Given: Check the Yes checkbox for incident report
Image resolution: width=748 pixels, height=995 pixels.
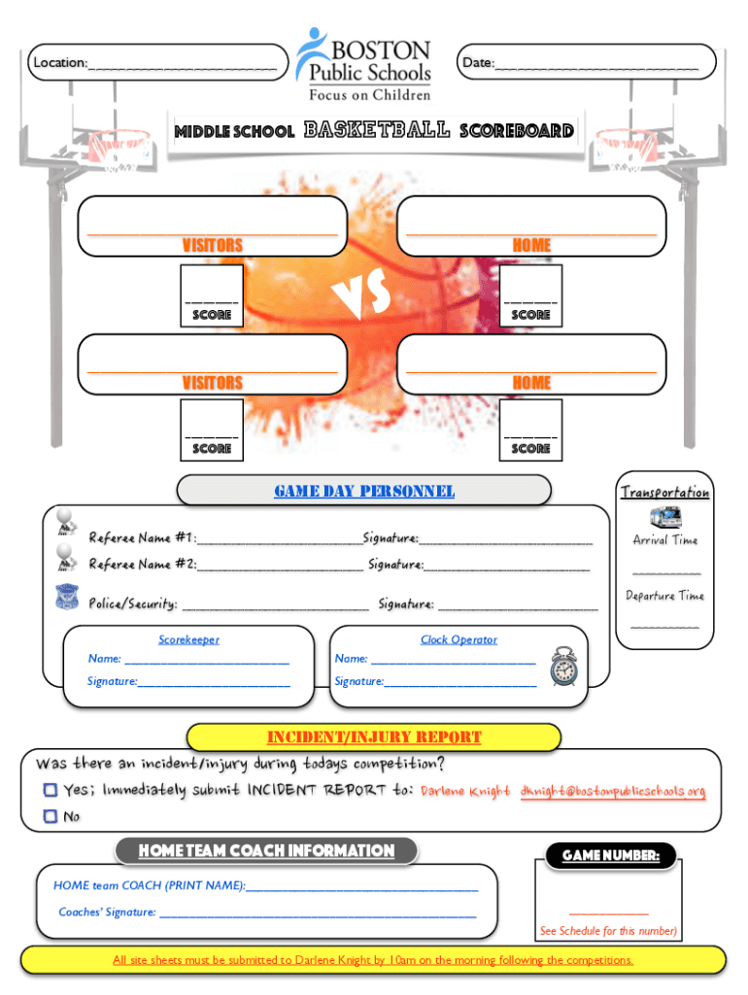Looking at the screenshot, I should click(50, 791).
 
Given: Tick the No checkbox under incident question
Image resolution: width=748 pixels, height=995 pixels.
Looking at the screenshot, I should click(50, 817).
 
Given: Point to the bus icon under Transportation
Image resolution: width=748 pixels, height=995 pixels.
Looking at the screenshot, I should click(664, 517).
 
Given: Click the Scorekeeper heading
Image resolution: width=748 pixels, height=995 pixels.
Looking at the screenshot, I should click(189, 639).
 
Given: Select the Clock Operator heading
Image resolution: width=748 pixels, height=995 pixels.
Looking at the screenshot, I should click(459, 639).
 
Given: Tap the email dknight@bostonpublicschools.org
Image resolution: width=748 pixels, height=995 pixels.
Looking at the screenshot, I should click(612, 791).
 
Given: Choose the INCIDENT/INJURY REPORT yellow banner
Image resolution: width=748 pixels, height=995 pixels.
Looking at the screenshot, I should click(374, 738).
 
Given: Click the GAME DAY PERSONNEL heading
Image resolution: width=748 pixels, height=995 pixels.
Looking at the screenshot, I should click(364, 492).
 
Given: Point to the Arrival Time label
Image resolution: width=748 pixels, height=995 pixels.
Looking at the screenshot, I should click(664, 540).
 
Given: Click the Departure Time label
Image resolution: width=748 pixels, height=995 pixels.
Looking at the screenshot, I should click(664, 596).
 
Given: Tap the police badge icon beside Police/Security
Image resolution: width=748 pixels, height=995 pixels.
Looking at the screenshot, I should click(67, 598).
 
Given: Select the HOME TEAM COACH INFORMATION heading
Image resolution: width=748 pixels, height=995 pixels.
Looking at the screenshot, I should click(266, 851).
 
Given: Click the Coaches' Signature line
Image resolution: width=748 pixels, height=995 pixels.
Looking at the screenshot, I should click(317, 912).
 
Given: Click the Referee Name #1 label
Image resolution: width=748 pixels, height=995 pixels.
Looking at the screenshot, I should click(143, 538).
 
